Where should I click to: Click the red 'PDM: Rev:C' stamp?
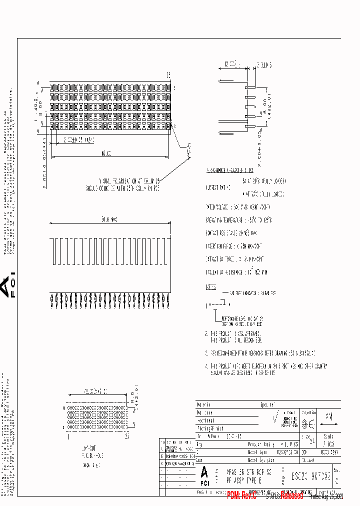coord(241,495)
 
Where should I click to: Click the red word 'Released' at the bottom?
coord(291,495)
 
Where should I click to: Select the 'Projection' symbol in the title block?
coord(309,423)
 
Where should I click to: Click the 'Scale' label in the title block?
coord(330,436)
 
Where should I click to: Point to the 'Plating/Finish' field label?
coord(210,428)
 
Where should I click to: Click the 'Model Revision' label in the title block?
coord(261,459)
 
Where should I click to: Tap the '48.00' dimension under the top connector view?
coord(105,153)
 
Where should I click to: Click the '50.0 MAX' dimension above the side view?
coord(108,219)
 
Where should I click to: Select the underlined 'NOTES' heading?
coord(211,287)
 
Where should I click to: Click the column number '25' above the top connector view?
coord(168,75)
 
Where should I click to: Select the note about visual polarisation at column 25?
coord(129,184)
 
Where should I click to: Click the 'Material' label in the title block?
coord(204,404)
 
